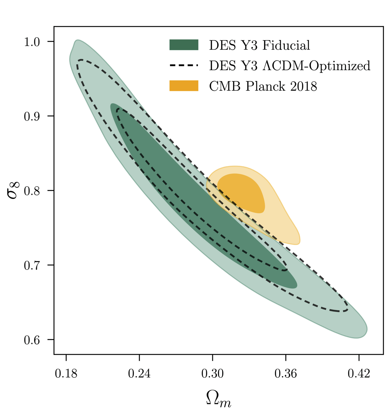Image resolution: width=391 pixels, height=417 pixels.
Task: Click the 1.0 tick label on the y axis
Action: (32, 42)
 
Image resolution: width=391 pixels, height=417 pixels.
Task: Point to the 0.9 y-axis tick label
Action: (32, 116)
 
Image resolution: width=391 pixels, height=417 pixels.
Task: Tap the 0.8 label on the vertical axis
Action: (32, 191)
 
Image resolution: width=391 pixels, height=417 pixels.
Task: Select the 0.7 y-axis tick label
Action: (32, 265)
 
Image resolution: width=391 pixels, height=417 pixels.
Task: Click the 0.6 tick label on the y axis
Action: (32, 340)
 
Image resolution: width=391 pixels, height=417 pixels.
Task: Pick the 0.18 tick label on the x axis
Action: (66, 374)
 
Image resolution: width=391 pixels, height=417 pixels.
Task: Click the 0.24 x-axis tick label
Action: (139, 374)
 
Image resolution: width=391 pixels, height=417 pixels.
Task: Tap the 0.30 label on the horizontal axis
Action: (212, 374)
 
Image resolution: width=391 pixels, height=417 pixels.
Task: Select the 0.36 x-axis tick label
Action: (286, 374)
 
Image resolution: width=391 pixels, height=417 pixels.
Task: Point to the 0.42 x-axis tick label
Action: (359, 374)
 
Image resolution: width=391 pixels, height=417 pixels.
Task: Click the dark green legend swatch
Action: (184, 45)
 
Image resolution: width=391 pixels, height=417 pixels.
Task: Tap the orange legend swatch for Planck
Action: (184, 86)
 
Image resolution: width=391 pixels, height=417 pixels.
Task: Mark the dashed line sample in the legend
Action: (184, 65)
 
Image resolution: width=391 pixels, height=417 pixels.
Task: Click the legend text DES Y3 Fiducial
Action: (259, 45)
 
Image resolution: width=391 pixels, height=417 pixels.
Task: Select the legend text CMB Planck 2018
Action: (263, 86)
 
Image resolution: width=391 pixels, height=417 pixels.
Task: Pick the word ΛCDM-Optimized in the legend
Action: (316, 66)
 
